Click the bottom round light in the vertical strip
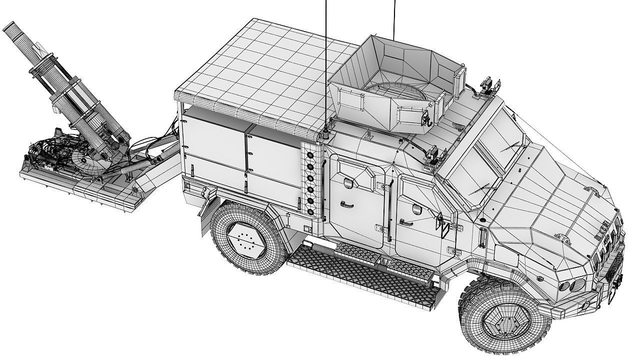point(310,211)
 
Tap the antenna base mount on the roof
point(326,134)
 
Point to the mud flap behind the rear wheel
point(205,220)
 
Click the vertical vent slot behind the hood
point(482,237)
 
